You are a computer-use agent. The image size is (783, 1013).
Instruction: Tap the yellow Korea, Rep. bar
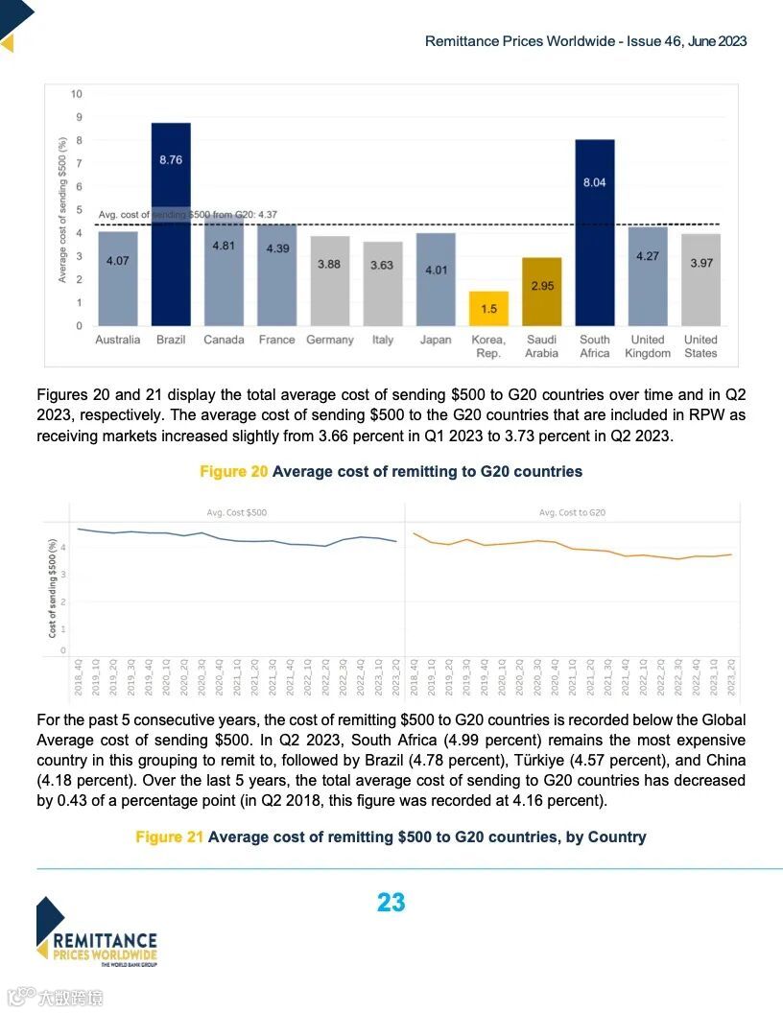pos(488,308)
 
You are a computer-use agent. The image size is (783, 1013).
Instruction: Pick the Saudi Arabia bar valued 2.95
pos(541,292)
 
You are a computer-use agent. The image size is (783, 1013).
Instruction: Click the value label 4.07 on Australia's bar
pos(118,261)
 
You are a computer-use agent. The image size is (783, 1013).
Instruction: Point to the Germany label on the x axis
pos(330,340)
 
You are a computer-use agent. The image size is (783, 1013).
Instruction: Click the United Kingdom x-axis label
pos(648,346)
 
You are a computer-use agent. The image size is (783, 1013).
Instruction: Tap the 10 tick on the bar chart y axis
pos(76,94)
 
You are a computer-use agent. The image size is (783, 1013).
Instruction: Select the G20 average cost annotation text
pos(188,215)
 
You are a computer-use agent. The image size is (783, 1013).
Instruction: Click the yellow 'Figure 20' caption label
pos(233,471)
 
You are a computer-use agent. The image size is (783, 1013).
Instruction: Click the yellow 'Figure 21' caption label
pos(169,836)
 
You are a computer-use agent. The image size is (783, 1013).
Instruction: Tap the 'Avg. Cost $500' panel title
pos(237,512)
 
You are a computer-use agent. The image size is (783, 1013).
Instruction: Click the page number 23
pos(391,903)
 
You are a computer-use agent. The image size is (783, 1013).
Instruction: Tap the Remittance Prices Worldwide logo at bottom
pos(96,932)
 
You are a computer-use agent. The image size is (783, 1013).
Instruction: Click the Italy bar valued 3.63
pos(383,283)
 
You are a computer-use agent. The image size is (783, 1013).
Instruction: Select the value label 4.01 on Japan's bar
pos(436,270)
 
